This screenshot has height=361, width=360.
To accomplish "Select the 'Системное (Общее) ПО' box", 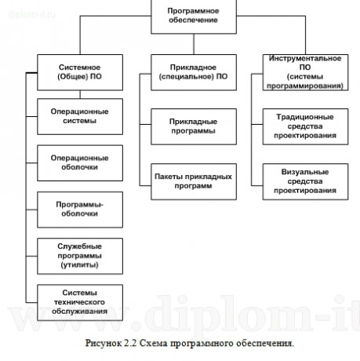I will (x=78, y=73).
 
